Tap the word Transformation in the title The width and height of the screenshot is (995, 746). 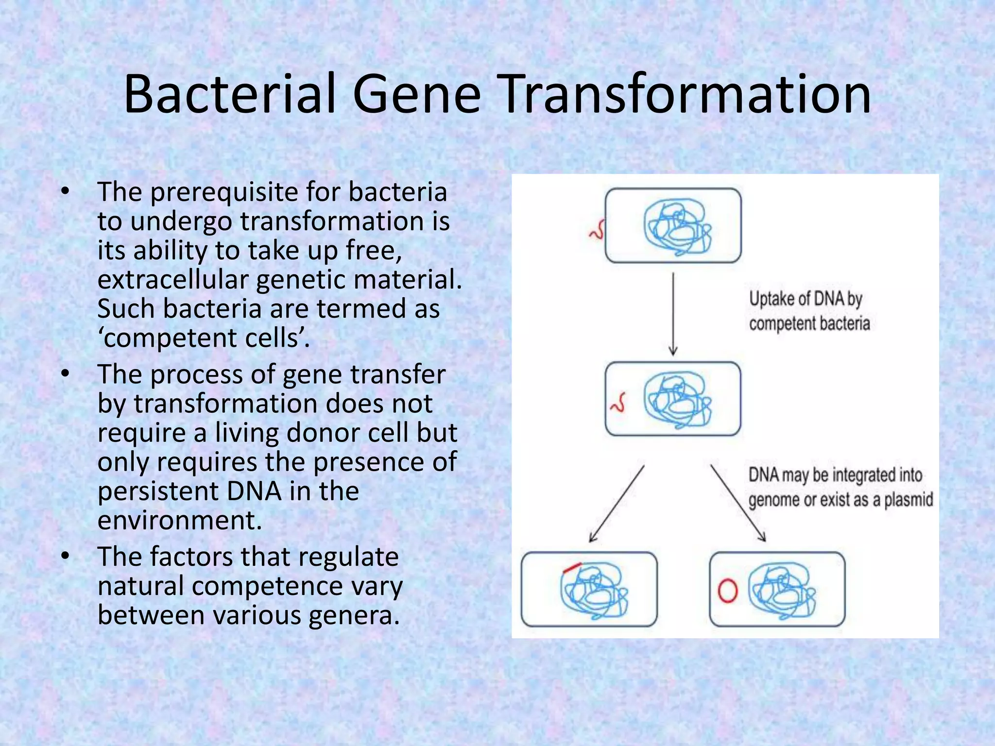pyautogui.click(x=685, y=95)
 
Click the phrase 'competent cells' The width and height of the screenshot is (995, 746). pyautogui.click(x=204, y=339)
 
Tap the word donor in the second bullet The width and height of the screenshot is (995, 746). pyautogui.click(x=315, y=433)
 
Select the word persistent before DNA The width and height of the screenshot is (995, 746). pyautogui.click(x=157, y=492)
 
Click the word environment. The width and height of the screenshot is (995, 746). pyautogui.click(x=179, y=521)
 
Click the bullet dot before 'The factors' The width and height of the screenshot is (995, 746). pyautogui.click(x=65, y=557)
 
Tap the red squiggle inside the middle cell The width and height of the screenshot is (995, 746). pyautogui.click(x=618, y=402)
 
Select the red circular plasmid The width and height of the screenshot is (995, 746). pyautogui.click(x=727, y=591)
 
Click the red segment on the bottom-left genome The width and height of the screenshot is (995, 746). pyautogui.click(x=571, y=568)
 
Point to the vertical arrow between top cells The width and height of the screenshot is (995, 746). pyautogui.click(x=673, y=313)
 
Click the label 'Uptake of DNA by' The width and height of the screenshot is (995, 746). pyautogui.click(x=805, y=299)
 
